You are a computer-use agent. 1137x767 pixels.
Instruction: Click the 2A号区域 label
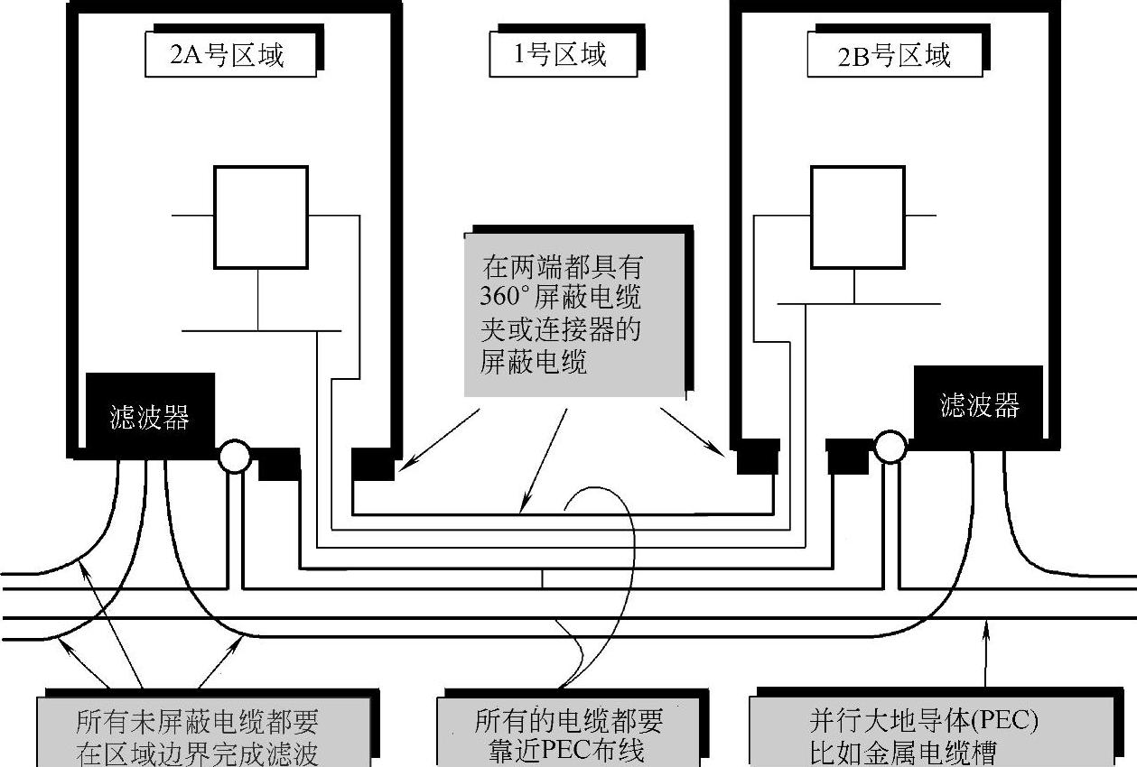coord(228,55)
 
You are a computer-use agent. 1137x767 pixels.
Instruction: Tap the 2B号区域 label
coord(894,56)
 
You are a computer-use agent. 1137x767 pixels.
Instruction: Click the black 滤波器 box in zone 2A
coord(149,416)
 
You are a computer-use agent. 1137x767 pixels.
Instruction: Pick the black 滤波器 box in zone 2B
coord(979,405)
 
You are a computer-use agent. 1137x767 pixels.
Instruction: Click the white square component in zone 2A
coord(260,217)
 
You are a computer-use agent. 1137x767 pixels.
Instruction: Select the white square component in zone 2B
coord(857,217)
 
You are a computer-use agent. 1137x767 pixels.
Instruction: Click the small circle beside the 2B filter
coord(890,445)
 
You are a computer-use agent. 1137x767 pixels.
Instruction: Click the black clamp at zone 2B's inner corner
coord(757,457)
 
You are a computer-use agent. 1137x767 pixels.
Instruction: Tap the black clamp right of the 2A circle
coord(279,464)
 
